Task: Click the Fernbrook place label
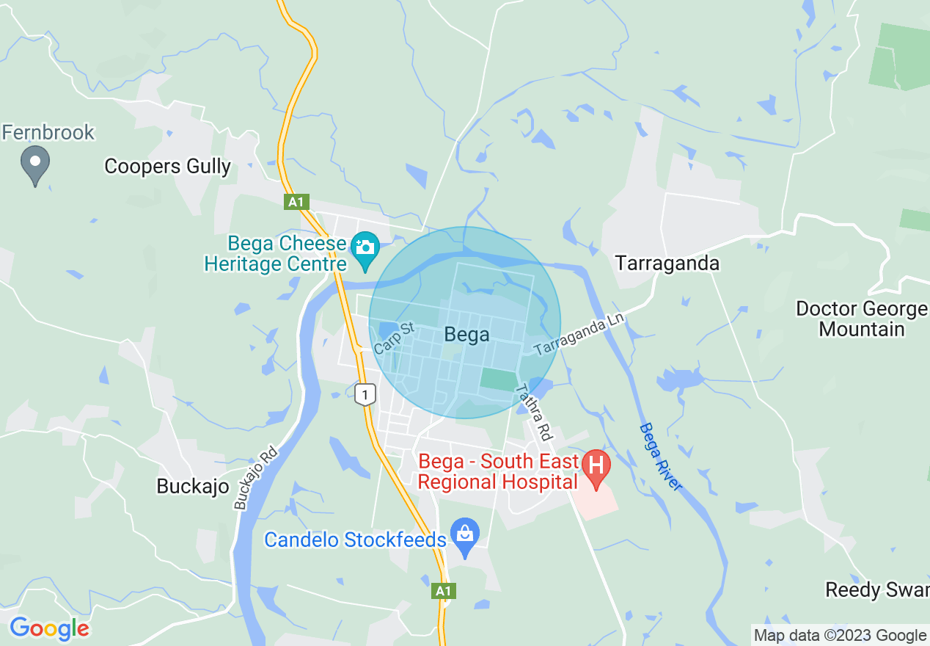point(48,132)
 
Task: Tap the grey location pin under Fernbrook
point(34,164)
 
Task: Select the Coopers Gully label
point(167,167)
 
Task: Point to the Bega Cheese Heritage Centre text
point(276,253)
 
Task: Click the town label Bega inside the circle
point(466,335)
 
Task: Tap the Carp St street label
point(394,337)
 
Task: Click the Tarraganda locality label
point(667,263)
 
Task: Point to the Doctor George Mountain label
point(861,319)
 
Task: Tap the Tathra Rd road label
point(533,413)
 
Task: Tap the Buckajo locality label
point(193,486)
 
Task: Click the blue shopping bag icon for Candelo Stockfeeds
point(465,534)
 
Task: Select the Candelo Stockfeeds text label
point(355,540)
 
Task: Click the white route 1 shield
point(365,394)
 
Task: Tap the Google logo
point(49,628)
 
